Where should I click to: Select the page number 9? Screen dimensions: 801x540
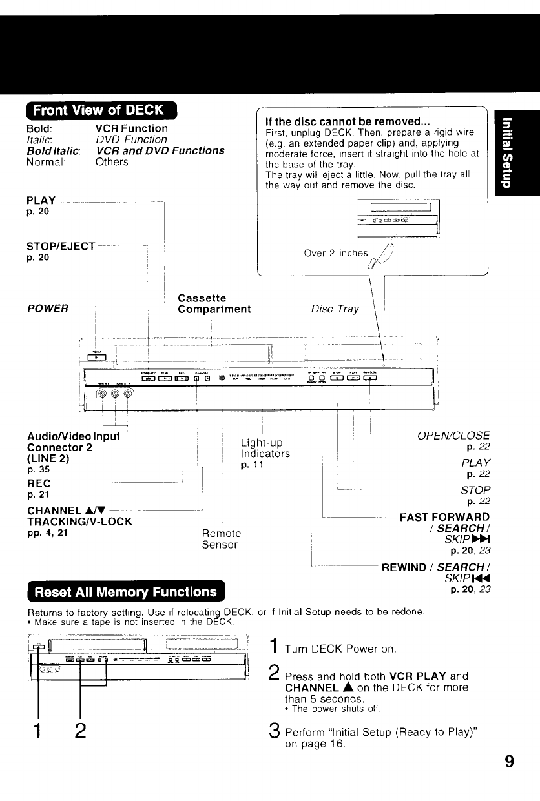pos(509,762)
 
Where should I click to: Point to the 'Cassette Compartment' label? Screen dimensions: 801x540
pos(214,303)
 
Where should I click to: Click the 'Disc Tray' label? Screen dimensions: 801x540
pos(335,309)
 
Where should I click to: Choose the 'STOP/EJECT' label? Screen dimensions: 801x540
pos(61,246)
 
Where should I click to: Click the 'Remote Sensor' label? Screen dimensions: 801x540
pos(221,539)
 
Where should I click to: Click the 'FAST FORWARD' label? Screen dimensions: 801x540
pos(444,517)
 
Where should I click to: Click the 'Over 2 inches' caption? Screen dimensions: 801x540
pos(326,253)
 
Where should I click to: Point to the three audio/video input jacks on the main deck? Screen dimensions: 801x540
pos(116,395)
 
